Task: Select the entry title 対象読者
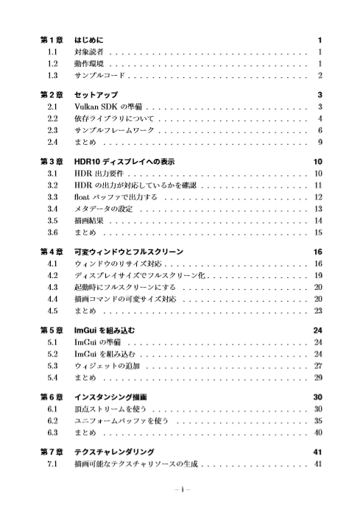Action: pyautogui.click(x=88, y=53)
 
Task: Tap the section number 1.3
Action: pyautogui.click(x=52, y=75)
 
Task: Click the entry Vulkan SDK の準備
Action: pyautogui.click(x=107, y=107)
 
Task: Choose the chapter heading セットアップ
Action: pyautogui.click(x=97, y=95)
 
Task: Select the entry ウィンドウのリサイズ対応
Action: pyautogui.click(x=118, y=263)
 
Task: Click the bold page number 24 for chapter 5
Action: pyautogui.click(x=318, y=330)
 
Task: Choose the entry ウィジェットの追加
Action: pyautogui.click(x=107, y=365)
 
